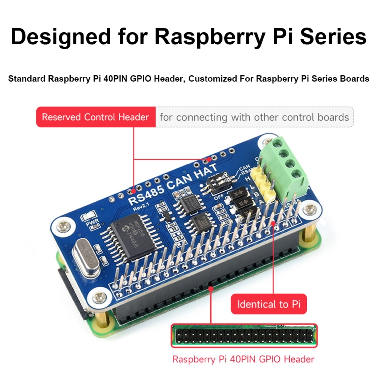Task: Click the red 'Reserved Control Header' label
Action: pyautogui.click(x=95, y=117)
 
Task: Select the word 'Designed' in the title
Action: pyautogui.click(x=62, y=37)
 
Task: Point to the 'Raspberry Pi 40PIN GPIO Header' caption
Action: pyautogui.click(x=244, y=359)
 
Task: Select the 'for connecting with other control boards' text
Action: pyautogui.click(x=255, y=117)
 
